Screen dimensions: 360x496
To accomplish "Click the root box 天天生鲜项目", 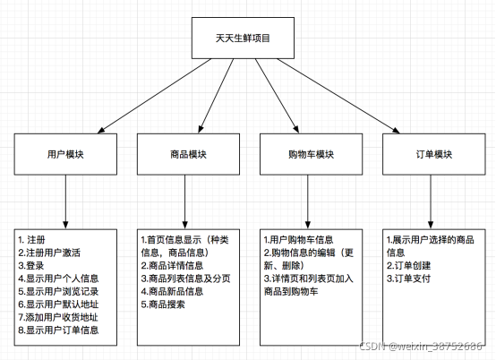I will (244, 39).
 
